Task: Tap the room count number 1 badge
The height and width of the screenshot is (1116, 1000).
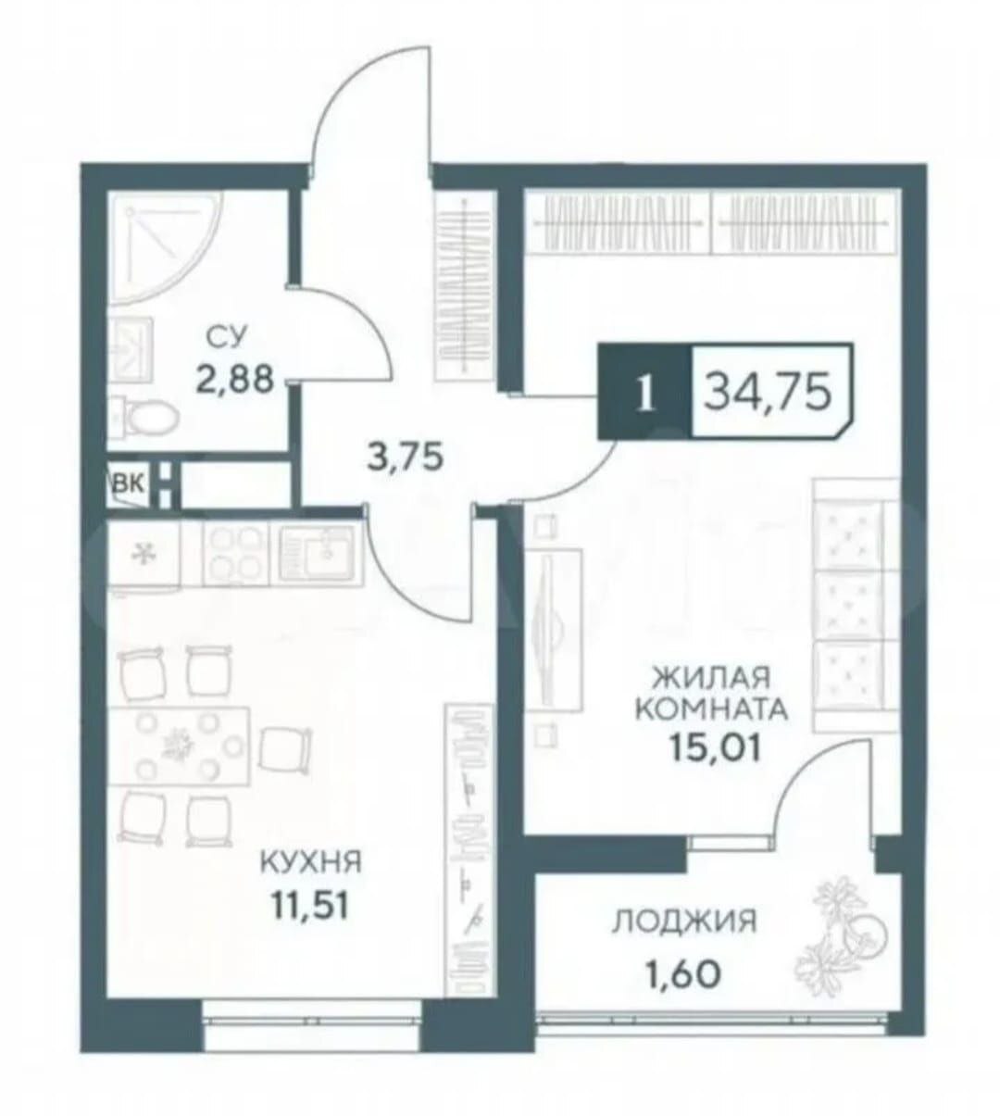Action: [x=645, y=393]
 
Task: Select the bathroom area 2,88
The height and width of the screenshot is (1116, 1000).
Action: [x=234, y=379]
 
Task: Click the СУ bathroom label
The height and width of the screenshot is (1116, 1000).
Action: [x=228, y=336]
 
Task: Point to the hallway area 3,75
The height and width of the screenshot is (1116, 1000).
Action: [x=405, y=457]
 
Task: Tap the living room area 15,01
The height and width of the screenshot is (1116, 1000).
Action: [x=714, y=747]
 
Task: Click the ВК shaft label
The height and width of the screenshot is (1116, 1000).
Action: [x=129, y=484]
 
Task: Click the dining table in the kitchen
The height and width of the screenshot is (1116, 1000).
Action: [x=178, y=746]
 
